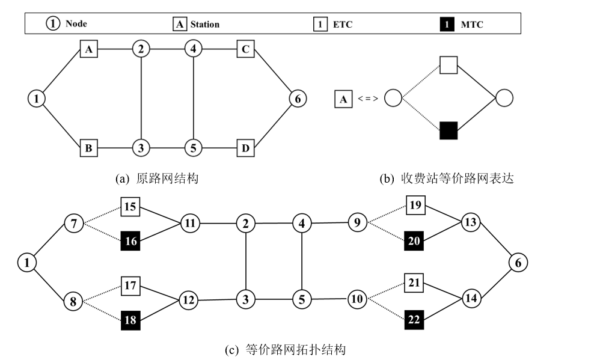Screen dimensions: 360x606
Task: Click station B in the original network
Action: click(x=88, y=147)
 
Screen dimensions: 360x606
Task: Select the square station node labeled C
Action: click(x=245, y=49)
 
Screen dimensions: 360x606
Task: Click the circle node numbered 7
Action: click(x=74, y=224)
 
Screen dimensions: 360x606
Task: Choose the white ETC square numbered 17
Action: click(x=130, y=285)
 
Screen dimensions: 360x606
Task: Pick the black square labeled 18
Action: click(x=130, y=320)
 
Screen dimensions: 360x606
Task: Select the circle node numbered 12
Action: click(x=189, y=299)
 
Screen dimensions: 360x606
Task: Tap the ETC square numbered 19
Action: click(x=415, y=206)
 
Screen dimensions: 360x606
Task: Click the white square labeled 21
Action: click(x=415, y=282)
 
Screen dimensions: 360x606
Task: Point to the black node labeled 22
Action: click(x=414, y=319)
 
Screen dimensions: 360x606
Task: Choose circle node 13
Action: click(x=470, y=223)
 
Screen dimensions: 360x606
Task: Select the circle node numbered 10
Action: click(x=357, y=298)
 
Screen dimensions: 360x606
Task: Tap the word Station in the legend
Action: click(x=205, y=25)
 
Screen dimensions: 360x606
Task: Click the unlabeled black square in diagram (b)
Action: click(x=449, y=130)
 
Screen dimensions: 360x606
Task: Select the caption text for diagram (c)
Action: click(x=286, y=349)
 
